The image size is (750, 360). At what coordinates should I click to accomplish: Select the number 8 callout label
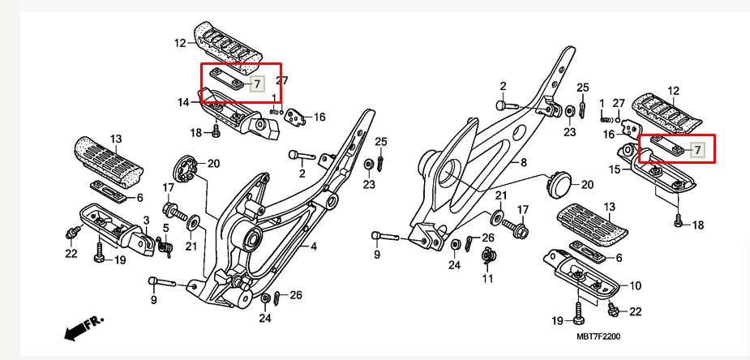click(524, 163)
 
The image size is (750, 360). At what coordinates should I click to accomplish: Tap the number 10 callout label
click(635, 285)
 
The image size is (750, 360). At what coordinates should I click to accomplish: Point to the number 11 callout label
click(487, 279)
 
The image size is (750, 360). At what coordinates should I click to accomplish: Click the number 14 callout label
click(184, 103)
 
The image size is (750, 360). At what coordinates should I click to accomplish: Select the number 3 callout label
click(146, 220)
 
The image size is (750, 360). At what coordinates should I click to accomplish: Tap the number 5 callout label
click(165, 228)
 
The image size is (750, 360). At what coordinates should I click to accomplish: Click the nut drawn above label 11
click(488, 258)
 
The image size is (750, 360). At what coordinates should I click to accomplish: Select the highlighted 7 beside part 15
click(697, 150)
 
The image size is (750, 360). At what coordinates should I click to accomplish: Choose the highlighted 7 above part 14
click(256, 84)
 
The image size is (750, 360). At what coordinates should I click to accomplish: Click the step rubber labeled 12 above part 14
click(229, 45)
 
